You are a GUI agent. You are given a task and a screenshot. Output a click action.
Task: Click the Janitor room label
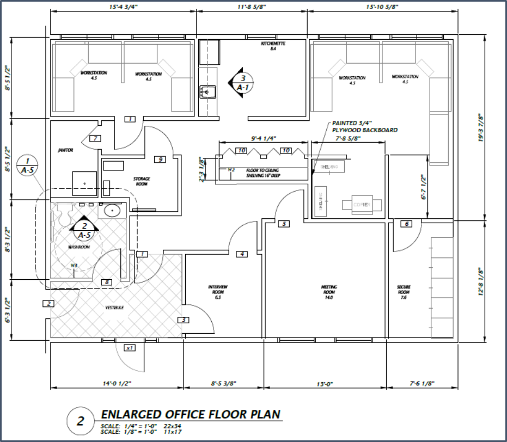66,150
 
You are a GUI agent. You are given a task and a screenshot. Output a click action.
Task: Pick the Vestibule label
114,308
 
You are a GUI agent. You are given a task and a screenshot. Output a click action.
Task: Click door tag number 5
283,224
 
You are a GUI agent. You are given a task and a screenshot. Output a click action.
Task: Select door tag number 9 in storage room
160,159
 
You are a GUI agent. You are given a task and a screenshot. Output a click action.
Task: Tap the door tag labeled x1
130,348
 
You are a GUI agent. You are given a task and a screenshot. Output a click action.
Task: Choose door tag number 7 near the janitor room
95,138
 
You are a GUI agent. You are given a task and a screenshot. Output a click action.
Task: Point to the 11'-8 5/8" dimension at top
252,8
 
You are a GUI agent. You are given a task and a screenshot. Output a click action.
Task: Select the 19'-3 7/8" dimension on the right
480,127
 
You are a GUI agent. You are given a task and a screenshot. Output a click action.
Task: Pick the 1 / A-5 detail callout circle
28,165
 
